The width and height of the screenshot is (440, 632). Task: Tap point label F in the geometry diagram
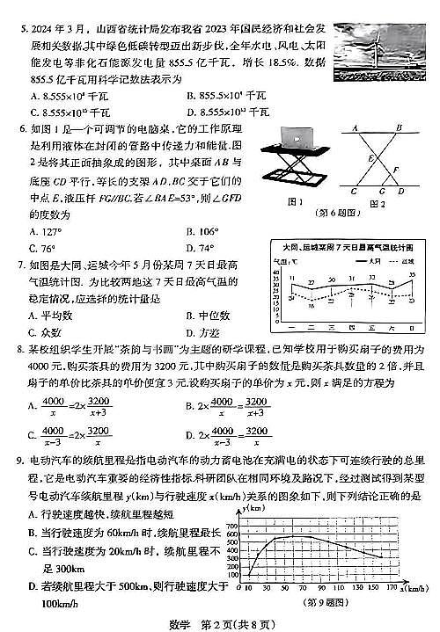click(395, 170)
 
